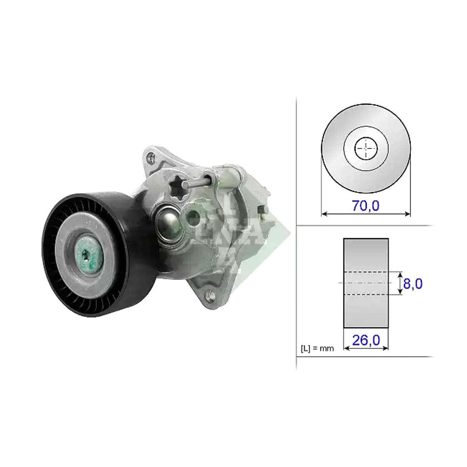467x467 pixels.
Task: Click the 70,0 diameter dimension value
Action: click(365, 206)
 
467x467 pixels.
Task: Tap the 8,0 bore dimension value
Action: click(413, 284)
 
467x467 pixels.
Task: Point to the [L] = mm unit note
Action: click(317, 349)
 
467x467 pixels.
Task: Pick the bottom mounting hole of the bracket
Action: click(210, 295)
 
